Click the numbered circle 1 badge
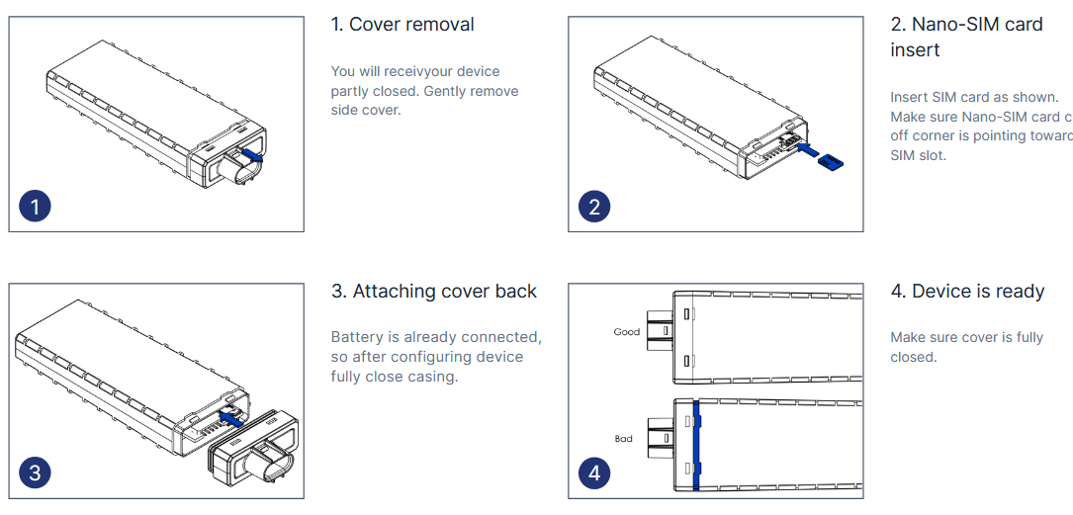point(36,207)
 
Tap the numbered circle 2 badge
point(594,207)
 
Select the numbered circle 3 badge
point(36,472)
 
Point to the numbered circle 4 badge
point(594,472)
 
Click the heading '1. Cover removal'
point(402,25)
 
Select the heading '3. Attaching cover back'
point(434,292)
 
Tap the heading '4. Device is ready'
point(967,292)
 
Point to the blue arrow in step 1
point(251,153)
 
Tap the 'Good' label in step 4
point(627,332)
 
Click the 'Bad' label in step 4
point(623,439)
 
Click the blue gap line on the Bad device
point(697,445)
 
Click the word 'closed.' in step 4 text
point(913,357)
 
